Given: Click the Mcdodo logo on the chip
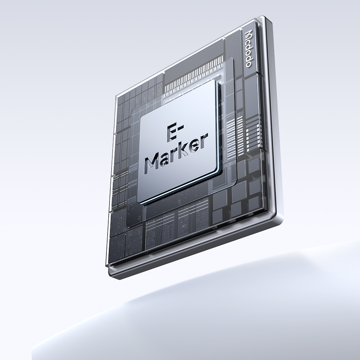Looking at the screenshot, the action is [x=249, y=49].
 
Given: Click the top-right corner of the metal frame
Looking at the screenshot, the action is [x=264, y=17].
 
